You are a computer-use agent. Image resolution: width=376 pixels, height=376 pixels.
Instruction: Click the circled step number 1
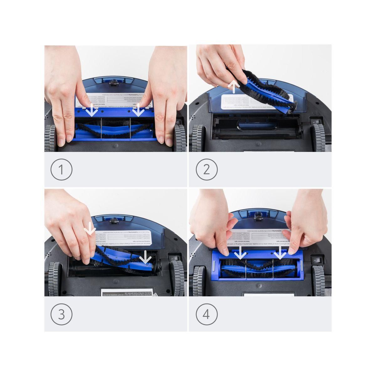tap(61, 170)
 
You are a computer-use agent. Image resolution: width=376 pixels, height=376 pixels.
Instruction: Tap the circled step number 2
tap(206, 170)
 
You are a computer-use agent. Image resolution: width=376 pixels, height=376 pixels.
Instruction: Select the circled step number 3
tap(61, 314)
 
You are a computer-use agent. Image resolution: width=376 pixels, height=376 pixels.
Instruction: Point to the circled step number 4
tap(206, 314)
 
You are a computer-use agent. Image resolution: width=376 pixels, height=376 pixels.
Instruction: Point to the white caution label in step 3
tap(127, 292)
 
